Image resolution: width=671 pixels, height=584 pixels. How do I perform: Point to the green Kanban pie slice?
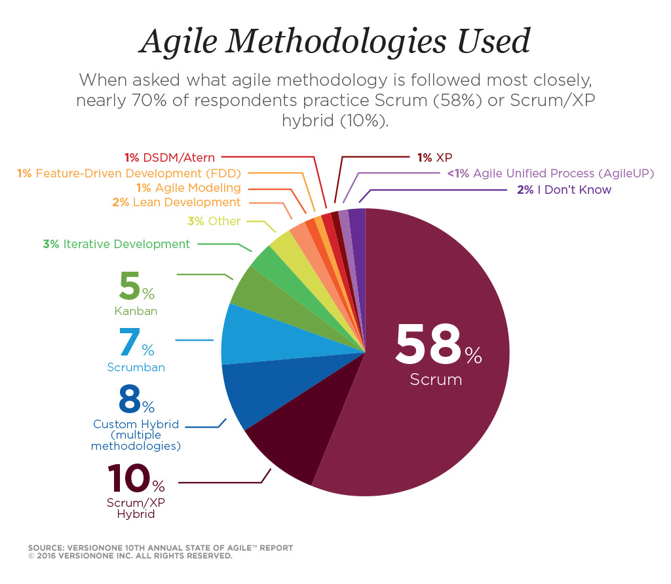pos(252,291)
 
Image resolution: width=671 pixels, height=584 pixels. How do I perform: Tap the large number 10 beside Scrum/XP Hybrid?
pos(128,480)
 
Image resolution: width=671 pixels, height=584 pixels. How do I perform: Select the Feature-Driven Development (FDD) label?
pos(138,173)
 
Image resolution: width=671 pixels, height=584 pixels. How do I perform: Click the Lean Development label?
pos(186,203)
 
